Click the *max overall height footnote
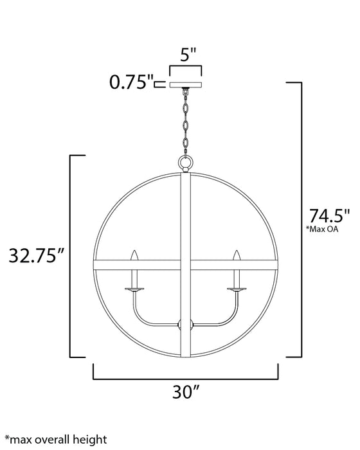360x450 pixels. click(x=55, y=440)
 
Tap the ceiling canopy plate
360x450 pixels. click(x=185, y=84)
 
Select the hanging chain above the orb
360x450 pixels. click(x=185, y=122)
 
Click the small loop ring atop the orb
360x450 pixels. click(x=185, y=163)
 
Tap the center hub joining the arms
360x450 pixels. click(x=185, y=325)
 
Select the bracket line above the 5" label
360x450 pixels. click(x=185, y=67)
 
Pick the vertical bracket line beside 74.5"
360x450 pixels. click(x=301, y=219)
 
